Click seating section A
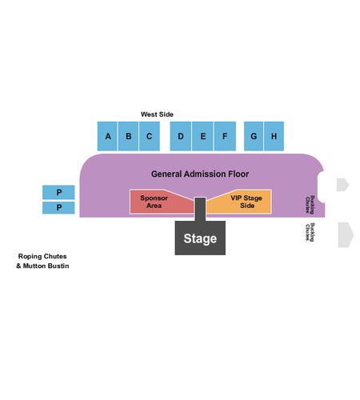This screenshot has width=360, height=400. tap(107, 136)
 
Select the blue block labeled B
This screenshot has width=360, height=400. tap(128, 136)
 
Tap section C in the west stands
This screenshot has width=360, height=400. tap(150, 136)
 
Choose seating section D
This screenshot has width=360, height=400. tap(181, 136)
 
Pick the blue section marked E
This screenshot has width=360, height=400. tap(202, 136)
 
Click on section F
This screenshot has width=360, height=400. tap(225, 136)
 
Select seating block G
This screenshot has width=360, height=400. tap(254, 136)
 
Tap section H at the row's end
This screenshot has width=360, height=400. tap(274, 136)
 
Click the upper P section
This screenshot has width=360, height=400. tap(58, 192)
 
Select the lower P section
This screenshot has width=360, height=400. tap(58, 207)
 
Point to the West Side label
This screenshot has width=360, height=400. tap(157, 114)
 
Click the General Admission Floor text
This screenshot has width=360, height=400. tap(200, 174)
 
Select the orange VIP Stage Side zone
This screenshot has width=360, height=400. tap(242, 202)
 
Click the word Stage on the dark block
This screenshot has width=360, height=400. tap(200, 238)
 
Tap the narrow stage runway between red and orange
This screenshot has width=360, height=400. tap(200, 210)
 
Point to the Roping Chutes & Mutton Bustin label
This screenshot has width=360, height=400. tap(42, 261)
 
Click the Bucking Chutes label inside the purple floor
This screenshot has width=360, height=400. tap(310, 205)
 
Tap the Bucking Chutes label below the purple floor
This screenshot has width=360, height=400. tap(310, 232)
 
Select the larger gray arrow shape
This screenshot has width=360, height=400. tap(346, 235)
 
